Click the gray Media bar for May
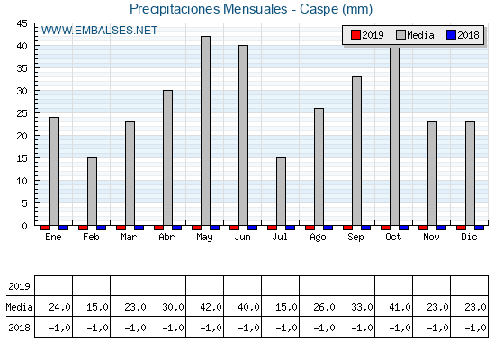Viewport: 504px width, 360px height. (x=206, y=130)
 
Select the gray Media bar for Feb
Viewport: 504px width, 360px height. (x=92, y=192)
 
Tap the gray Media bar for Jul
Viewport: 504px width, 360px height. (x=281, y=192)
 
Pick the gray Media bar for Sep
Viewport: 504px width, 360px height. (x=356, y=151)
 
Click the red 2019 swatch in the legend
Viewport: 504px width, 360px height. (x=355, y=35)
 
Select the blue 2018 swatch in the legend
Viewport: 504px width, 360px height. (x=451, y=35)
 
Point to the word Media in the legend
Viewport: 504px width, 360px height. (x=420, y=35)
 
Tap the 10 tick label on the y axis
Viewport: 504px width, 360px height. (x=22, y=181)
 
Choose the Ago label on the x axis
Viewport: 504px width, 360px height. (x=318, y=238)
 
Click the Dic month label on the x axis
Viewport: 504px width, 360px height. (x=469, y=237)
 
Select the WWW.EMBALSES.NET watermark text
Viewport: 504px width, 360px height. (x=99, y=31)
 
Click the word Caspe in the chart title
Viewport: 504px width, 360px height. (x=319, y=9)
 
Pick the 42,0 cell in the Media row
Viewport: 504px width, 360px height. (x=211, y=307)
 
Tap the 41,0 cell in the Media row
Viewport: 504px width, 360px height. (x=400, y=307)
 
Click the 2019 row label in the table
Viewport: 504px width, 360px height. (x=19, y=286)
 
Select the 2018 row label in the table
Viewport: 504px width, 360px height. (x=19, y=328)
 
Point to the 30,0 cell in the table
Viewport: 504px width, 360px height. (x=173, y=307)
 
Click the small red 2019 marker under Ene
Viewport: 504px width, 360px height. (x=45, y=228)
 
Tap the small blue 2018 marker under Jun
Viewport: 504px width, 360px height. (x=252, y=228)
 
